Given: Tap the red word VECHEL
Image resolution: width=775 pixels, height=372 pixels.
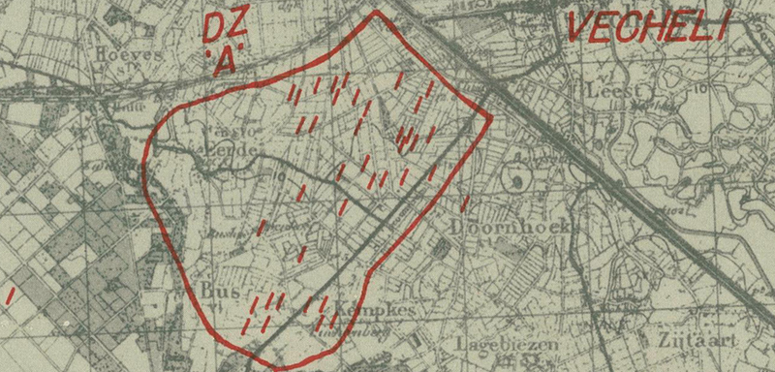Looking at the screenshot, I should point(646,30).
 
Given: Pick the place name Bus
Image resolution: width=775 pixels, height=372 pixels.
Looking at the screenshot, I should point(221,290).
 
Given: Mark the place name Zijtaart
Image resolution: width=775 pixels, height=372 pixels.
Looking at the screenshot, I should point(690,341).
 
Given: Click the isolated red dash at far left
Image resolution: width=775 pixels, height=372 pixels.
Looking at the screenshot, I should point(10,293).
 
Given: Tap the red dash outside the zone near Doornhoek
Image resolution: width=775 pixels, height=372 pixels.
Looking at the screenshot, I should point(465,203).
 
